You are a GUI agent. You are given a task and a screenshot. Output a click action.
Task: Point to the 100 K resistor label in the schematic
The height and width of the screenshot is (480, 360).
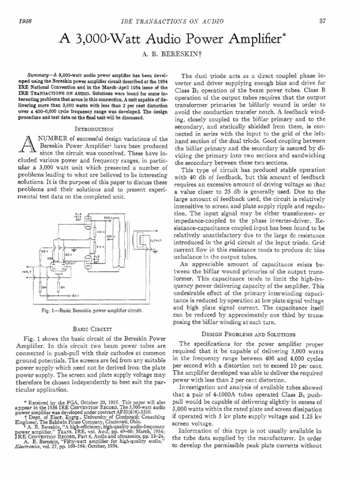click(100, 232)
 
